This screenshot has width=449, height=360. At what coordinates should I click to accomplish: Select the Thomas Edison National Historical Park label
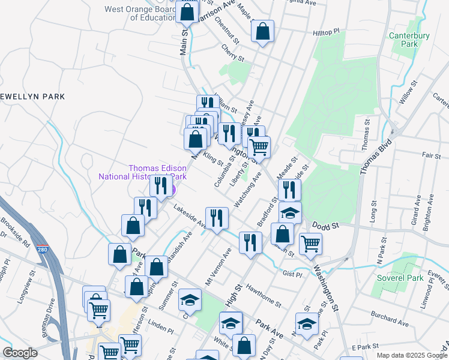point(142,172)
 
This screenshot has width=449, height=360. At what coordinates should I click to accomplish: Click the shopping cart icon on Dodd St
point(310,244)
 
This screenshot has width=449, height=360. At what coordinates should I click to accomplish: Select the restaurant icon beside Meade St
point(289,190)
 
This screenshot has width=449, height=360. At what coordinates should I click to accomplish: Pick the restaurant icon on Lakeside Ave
point(216,218)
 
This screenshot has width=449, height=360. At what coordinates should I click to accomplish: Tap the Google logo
point(20,353)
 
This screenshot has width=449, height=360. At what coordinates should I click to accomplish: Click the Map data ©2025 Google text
point(412,356)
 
